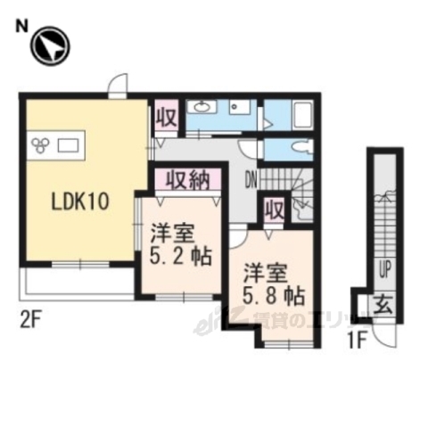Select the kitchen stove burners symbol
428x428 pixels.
click(x=41, y=143)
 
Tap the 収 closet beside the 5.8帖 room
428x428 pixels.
click(x=274, y=211)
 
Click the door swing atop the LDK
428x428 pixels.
click(x=117, y=86)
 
